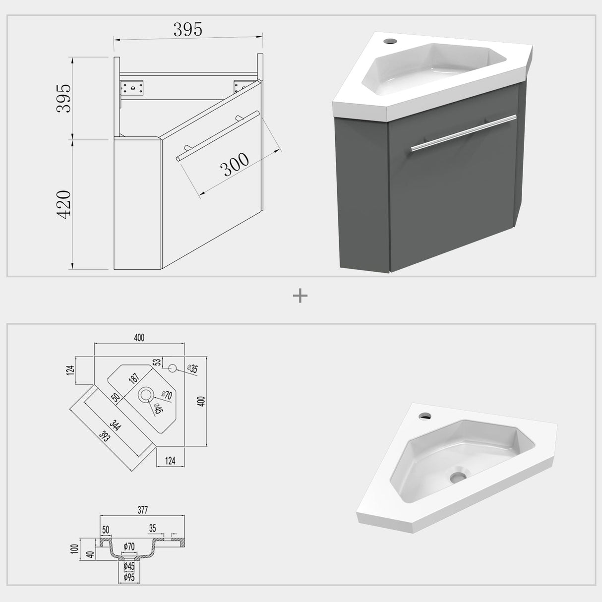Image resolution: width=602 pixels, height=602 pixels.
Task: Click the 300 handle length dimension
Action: pos(235,165)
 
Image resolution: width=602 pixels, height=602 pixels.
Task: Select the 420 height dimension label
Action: pos(64,203)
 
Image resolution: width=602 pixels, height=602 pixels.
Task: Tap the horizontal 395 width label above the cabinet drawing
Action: pos(188,30)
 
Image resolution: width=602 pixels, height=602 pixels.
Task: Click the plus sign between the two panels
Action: pos(301,296)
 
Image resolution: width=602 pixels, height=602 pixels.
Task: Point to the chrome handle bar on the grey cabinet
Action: pos(463,132)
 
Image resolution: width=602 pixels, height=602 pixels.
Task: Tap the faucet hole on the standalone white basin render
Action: pos(424,416)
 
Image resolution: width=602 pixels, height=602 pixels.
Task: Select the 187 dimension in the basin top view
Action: pos(134,378)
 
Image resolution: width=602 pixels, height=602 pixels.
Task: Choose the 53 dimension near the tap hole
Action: pos(157,363)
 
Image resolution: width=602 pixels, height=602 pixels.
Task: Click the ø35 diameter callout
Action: pos(193,369)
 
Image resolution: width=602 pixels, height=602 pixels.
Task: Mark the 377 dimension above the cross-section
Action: pos(142,510)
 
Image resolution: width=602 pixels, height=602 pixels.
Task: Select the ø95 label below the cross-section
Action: pos(129,577)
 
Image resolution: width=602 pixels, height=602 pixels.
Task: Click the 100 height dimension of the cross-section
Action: pos(75,549)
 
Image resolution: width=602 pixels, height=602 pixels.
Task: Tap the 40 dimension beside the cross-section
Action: pos(90,554)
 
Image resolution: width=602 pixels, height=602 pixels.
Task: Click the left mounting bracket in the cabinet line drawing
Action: pos(131,88)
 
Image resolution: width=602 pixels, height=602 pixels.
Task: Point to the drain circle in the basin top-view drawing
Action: pos(146,395)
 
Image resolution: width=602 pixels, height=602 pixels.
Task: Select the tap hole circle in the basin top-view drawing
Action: pos(173,368)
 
